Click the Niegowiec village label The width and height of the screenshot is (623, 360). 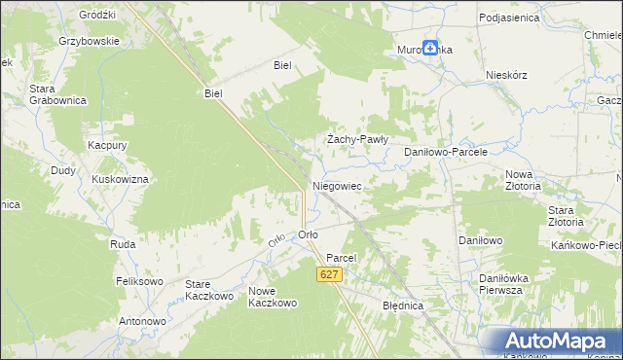point(337,184)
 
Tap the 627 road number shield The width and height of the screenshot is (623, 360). point(329,276)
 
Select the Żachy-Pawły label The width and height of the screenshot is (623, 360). point(357,139)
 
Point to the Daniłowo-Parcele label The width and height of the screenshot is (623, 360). point(445,153)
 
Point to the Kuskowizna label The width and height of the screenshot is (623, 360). point(120,180)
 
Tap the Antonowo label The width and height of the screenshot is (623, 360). point(142,321)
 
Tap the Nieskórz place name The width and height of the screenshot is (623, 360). point(506,75)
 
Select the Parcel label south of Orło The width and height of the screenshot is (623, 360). point(343,258)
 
